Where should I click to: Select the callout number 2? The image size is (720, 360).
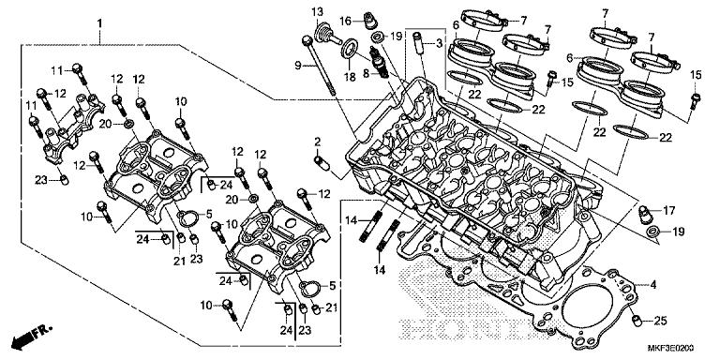click(x=318, y=142)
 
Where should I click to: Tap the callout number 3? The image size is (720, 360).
click(x=438, y=43)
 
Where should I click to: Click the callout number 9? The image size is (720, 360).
click(x=297, y=65)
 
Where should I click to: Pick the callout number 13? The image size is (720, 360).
click(x=317, y=11)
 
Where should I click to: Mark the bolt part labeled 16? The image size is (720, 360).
click(x=372, y=18)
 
